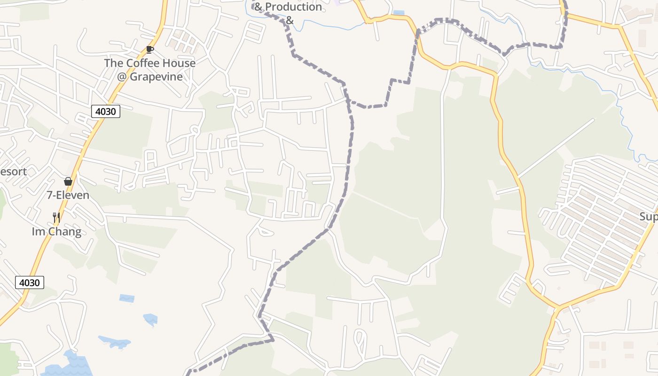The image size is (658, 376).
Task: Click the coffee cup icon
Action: point(149,49)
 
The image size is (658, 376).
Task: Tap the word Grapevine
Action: point(156,77)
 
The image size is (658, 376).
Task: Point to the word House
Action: point(179,63)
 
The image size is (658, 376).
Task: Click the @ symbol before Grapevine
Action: point(122,77)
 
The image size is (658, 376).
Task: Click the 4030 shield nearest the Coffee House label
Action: point(106,111)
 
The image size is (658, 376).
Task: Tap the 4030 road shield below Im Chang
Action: point(30,282)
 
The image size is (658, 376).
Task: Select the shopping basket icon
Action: point(68,181)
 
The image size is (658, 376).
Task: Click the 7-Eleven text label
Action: point(68,195)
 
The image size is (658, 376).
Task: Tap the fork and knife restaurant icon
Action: point(56,217)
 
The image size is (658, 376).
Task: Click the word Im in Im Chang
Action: point(38,232)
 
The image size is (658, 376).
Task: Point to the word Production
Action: point(294,7)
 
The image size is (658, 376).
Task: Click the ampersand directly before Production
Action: point(258,7)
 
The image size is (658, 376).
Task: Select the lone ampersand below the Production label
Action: point(290,20)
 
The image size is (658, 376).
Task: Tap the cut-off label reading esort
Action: point(13,172)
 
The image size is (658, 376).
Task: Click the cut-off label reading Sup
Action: point(649,217)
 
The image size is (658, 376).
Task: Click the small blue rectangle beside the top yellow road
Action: point(399,13)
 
